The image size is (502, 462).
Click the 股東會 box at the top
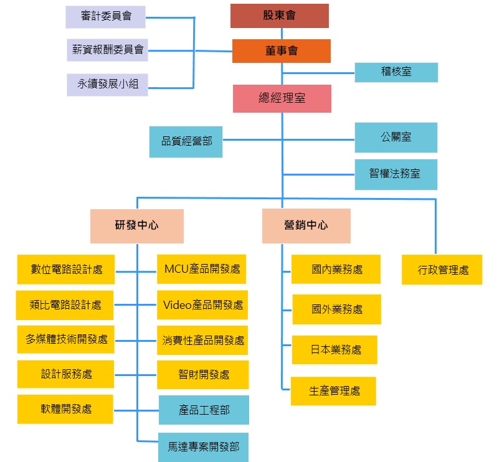tap(280, 16)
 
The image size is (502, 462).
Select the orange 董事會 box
tap(281, 51)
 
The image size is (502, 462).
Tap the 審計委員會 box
tap(105, 17)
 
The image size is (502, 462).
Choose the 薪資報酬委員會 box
tap(107, 50)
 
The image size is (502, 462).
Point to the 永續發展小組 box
tap(108, 85)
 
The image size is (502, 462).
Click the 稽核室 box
tap(396, 72)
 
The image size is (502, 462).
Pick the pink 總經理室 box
tap(282, 98)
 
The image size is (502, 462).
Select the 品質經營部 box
tap(186, 141)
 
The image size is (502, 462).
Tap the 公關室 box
tap(396, 137)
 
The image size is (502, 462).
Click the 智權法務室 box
tap(396, 174)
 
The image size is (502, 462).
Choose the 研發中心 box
tap(136, 225)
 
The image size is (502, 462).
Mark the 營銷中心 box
tap(306, 225)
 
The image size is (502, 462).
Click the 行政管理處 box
tap(442, 270)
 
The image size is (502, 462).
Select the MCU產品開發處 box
tap(202, 269)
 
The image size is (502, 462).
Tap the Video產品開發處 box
tap(202, 305)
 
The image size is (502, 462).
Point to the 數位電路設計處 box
tap(66, 270)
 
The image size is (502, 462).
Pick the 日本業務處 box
tap(335, 349)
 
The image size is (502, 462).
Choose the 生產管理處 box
tap(334, 391)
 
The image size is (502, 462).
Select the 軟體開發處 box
tap(65, 409)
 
